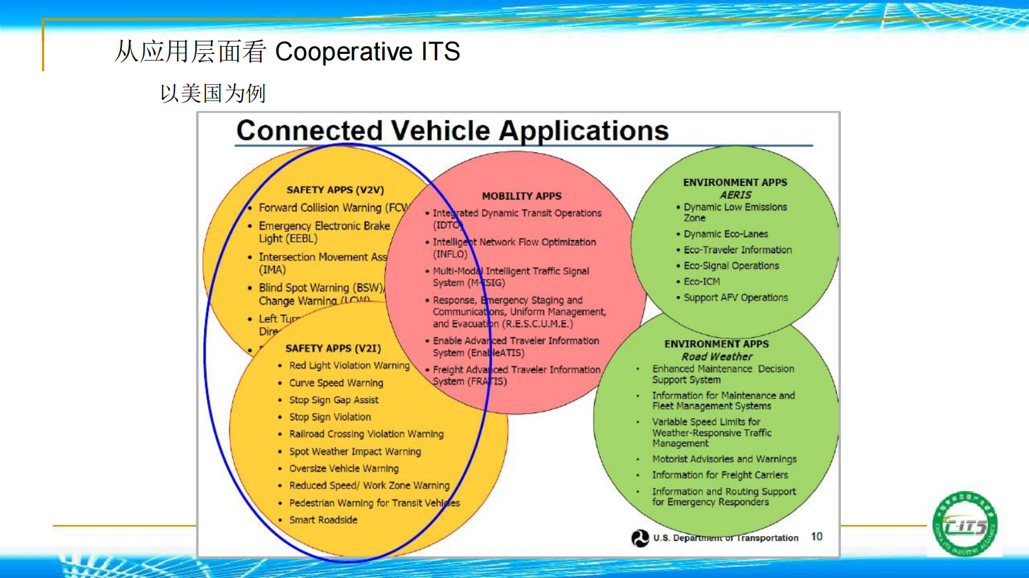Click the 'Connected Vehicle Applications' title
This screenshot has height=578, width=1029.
tap(452, 131)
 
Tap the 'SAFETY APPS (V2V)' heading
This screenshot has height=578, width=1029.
tap(335, 190)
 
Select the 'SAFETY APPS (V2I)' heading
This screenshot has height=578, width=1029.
tap(333, 349)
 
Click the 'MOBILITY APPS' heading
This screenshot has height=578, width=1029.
tap(521, 196)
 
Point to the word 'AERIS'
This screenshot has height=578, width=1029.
tap(735, 195)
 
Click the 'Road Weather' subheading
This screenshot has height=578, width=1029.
tap(716, 356)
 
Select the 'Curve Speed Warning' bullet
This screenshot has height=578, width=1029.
tap(336, 383)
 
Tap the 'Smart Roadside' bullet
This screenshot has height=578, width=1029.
tap(323, 520)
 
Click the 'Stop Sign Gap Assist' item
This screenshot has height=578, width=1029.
tap(333, 400)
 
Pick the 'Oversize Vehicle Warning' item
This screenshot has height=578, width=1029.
tap(344, 468)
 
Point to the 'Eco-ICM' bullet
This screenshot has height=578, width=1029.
tap(702, 282)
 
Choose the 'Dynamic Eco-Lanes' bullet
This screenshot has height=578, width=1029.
tap(726, 234)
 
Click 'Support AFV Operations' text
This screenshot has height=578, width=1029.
tap(735, 298)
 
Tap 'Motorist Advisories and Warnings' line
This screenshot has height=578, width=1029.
tap(724, 459)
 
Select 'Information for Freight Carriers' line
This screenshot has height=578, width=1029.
tap(720, 475)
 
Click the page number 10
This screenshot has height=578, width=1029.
tap(816, 537)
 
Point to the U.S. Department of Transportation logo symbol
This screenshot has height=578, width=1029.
tap(640, 538)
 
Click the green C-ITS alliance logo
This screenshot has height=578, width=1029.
tap(965, 524)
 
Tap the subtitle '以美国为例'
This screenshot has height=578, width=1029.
tap(213, 93)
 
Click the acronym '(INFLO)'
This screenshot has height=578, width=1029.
tap(450, 254)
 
